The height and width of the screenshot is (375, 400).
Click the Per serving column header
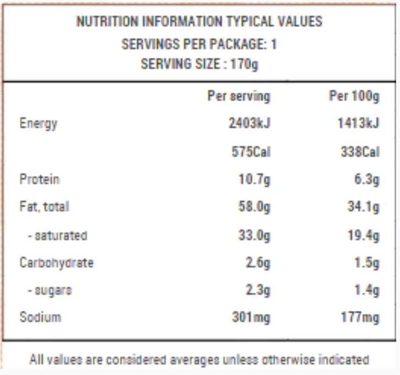click(238, 97)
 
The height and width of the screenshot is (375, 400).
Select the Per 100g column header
click(354, 97)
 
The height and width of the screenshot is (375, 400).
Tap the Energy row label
click(38, 124)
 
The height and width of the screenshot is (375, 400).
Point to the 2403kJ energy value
click(249, 124)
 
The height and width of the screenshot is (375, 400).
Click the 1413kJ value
click(358, 124)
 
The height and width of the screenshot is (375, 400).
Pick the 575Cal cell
click(251, 152)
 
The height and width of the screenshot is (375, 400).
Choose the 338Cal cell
click(360, 152)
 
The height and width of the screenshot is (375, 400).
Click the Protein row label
click(40, 179)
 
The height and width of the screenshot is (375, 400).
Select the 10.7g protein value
click(254, 179)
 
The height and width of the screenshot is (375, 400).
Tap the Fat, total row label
click(44, 207)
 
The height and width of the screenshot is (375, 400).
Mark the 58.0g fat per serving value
click(254, 207)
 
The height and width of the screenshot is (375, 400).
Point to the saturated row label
click(57, 236)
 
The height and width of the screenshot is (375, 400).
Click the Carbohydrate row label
click(56, 262)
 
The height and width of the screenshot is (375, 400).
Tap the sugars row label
click(50, 290)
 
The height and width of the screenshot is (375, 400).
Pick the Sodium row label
click(40, 317)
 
